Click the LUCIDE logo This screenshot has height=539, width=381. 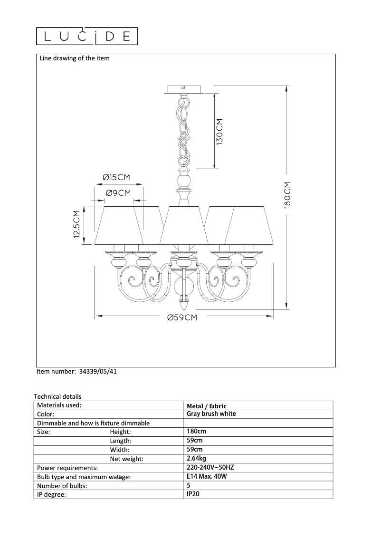(x=87, y=36)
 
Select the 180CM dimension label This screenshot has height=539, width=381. (x=287, y=195)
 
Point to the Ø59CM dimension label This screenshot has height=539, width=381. (x=182, y=318)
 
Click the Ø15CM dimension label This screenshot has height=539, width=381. (x=116, y=177)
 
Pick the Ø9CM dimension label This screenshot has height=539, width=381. (x=118, y=193)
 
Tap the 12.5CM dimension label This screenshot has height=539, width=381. (x=76, y=224)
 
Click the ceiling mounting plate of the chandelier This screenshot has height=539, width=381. (x=184, y=89)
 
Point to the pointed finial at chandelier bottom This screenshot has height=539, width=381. (x=185, y=304)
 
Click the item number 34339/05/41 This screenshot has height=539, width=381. (x=98, y=372)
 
